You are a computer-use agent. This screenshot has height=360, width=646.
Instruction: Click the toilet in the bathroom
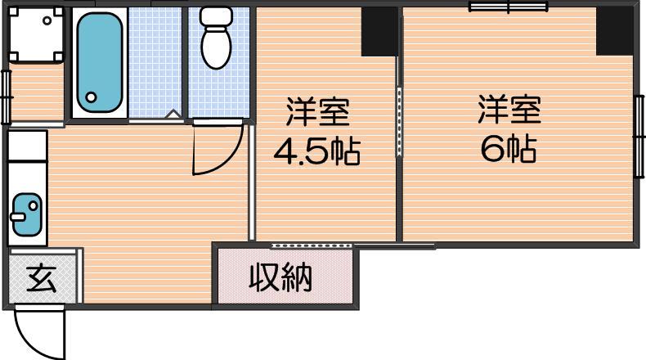(x=216, y=37)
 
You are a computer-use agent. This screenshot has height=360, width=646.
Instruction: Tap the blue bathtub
(x=99, y=63)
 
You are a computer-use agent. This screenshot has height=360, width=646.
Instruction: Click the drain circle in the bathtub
(x=91, y=97)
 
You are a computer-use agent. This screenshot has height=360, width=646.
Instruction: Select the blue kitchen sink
(x=27, y=214)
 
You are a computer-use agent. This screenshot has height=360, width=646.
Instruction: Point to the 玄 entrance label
(x=42, y=279)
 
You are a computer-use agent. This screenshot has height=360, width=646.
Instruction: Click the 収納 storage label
(x=280, y=277)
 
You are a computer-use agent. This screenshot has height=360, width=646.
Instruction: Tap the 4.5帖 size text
(x=316, y=151)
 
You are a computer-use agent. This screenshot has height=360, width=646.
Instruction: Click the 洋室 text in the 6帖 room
(x=509, y=110)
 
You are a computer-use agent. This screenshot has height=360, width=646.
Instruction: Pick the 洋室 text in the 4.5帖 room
(x=317, y=111)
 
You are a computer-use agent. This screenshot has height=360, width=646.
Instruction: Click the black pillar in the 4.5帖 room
(x=379, y=31)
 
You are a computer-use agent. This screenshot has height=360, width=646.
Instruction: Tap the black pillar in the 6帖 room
(x=614, y=31)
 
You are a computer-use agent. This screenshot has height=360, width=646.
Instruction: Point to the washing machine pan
(x=36, y=34)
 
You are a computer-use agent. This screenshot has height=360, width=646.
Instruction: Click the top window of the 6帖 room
(x=509, y=7)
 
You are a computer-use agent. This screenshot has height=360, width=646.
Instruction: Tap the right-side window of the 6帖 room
(x=639, y=136)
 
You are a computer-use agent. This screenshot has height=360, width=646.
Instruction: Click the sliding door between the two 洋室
(x=399, y=121)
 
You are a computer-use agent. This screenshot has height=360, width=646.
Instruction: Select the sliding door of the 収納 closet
(x=312, y=245)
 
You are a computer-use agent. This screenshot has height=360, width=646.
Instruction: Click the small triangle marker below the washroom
(x=174, y=115)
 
